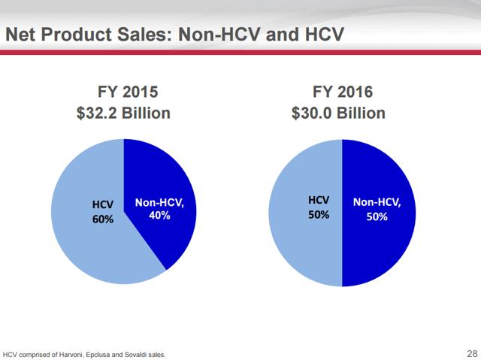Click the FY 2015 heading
(128, 92)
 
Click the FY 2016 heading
(343, 92)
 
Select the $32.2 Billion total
(123, 113)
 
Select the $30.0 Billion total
(338, 113)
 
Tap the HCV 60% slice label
(103, 212)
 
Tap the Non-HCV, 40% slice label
(159, 209)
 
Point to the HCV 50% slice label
(319, 207)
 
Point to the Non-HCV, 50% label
(377, 210)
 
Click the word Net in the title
(20, 34)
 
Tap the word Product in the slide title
(77, 34)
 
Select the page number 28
(472, 353)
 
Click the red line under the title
(240, 53)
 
